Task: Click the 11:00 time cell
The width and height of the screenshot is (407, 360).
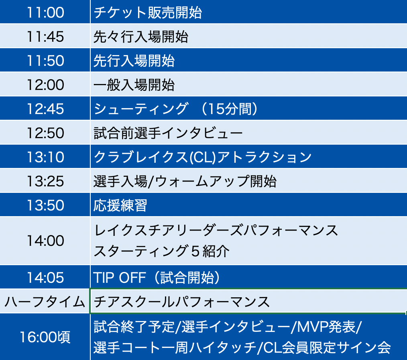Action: (45, 12)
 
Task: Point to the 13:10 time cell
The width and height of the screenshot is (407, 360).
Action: (45, 157)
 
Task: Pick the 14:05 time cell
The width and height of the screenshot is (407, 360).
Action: (45, 277)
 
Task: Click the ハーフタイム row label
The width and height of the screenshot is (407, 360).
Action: (45, 302)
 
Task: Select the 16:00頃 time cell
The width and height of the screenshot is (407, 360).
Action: (45, 337)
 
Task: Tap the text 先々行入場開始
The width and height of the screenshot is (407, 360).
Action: (141, 37)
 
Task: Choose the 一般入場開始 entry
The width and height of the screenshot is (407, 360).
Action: (134, 85)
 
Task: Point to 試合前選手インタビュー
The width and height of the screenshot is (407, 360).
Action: (168, 133)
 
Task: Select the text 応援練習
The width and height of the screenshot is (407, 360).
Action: (120, 205)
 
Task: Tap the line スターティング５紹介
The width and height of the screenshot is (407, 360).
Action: (161, 251)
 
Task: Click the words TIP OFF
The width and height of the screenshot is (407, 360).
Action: (119, 278)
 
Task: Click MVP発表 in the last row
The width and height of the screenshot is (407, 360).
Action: (326, 327)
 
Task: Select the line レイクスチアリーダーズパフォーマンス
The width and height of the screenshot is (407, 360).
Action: (216, 230)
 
